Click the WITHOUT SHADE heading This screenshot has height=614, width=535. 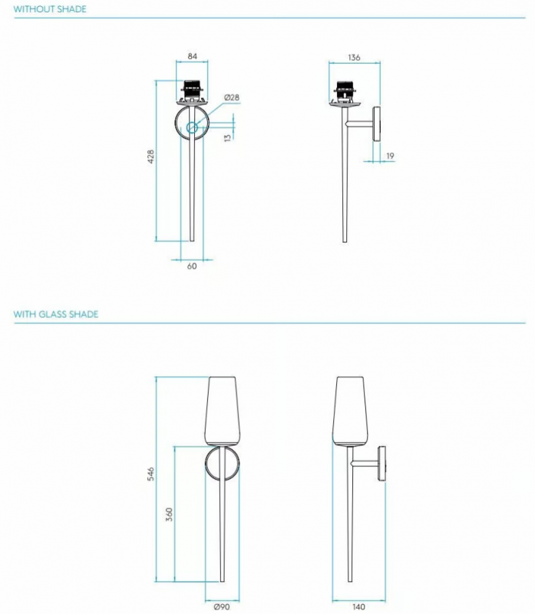pos(50,9)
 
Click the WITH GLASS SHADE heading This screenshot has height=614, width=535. pos(55,314)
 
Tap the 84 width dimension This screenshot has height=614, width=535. pos(193,56)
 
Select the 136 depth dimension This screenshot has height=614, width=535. pos(354,58)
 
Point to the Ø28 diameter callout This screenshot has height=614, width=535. pos(232,97)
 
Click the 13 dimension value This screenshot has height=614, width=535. pos(227,137)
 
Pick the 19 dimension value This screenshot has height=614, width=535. pos(390,156)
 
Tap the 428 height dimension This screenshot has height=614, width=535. pos(150,157)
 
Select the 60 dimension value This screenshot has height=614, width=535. pos(192,266)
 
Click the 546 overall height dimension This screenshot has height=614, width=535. pos(150,474)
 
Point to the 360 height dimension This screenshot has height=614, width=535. pos(169,514)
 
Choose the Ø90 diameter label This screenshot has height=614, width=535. pos(222,606)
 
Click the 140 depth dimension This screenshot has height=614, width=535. pos(358,606)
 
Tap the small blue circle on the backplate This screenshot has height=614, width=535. pos(192,127)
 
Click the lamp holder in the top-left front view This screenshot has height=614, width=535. pos(192,91)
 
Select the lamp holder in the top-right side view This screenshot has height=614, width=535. pos(345,91)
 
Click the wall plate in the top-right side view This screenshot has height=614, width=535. pos(376,124)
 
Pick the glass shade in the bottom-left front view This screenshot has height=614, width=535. pos(222,411)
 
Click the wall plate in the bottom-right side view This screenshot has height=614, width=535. pos(381,464)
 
